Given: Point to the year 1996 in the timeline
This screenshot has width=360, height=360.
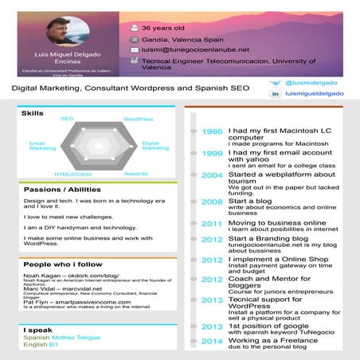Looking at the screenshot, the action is tap(213, 131).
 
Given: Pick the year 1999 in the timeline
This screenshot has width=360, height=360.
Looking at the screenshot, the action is tap(213, 153).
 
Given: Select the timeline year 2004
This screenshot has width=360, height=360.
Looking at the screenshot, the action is tap(213, 175).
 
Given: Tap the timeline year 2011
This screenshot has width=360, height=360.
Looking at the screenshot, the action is tap(213, 224).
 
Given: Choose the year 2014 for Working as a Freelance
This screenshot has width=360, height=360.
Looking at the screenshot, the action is tap(213, 342).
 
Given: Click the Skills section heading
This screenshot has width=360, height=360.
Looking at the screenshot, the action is tap(33, 114).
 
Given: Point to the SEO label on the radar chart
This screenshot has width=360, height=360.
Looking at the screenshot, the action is tap(67, 119).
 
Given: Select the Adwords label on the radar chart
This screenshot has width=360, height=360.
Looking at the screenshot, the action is tap(136, 173).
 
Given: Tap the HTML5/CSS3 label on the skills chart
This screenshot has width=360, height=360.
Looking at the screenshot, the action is tap(72, 174).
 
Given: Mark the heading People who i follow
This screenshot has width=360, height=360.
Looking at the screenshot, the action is tap(64, 264).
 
